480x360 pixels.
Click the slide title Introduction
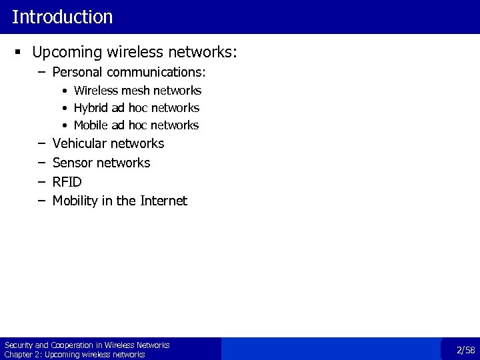pos(62,17)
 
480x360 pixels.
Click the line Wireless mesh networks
pos(137,90)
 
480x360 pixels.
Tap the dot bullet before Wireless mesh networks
pos(65,91)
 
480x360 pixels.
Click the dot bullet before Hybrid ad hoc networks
pos(65,108)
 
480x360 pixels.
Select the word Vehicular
pos(79,143)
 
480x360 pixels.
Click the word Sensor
pos(73,163)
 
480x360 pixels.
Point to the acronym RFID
pos(67,181)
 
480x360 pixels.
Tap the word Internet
pos(164,201)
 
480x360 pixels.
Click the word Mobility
pos(75,201)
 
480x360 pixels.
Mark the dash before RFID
pos(41,181)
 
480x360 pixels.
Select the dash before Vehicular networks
pos(41,143)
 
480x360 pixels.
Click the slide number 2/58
pos(465,350)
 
